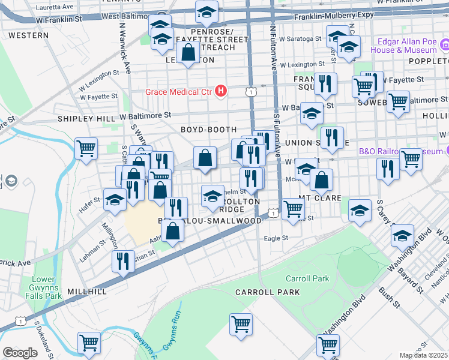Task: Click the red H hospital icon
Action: click(x=221, y=91)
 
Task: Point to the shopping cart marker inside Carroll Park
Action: click(x=241, y=323)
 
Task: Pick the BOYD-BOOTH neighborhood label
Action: click(x=208, y=130)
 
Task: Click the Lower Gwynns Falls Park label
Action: click(x=46, y=287)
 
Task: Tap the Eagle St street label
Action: click(x=276, y=238)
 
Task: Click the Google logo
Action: click(x=20, y=353)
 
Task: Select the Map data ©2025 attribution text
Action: click(x=423, y=355)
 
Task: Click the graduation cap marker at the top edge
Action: click(x=206, y=11)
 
